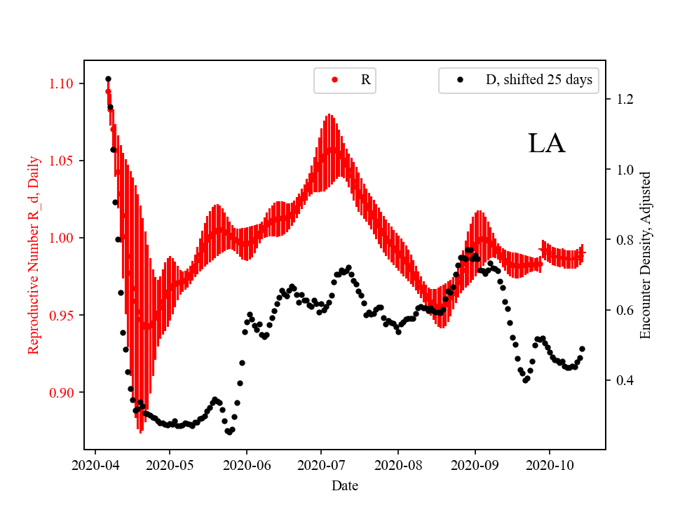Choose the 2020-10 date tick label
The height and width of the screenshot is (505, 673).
click(550, 464)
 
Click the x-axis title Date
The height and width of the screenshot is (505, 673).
click(344, 485)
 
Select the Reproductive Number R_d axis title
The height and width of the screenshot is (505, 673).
click(34, 255)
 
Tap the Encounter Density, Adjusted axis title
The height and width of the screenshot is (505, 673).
click(646, 255)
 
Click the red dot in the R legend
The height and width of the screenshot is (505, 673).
click(334, 80)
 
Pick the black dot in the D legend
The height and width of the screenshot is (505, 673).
click(460, 80)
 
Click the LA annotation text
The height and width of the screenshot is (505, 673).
click(546, 144)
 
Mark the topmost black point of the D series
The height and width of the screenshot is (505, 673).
click(108, 79)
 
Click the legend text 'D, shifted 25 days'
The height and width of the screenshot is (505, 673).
click(539, 80)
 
